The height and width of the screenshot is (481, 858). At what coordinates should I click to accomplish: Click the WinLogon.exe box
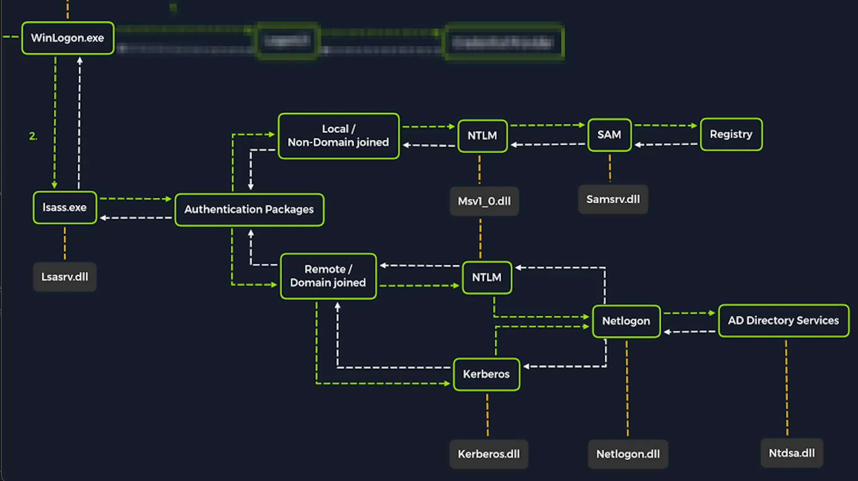point(67,38)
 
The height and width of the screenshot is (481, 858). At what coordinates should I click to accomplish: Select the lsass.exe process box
point(65,208)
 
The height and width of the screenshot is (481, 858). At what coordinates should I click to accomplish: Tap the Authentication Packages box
point(249,209)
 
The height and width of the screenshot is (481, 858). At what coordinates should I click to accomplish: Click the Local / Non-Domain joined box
point(339,136)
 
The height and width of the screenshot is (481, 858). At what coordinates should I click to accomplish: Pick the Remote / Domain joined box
point(328,276)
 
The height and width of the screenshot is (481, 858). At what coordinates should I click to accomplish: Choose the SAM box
point(609,135)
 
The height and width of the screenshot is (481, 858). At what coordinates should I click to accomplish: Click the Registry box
point(731,134)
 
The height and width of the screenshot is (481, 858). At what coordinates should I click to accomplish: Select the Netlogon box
point(626,321)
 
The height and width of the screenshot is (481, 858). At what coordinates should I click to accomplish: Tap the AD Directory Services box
point(783,321)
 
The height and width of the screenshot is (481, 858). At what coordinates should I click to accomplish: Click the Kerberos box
point(486,374)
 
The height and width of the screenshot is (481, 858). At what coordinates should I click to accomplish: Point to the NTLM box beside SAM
point(482,136)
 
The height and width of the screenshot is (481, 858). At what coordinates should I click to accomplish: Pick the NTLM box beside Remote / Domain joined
point(487,277)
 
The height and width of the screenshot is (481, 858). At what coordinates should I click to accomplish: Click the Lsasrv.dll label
point(65,277)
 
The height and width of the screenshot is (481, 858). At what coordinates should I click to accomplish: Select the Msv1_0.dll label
point(484,202)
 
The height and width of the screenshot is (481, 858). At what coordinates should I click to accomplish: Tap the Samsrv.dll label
point(613,199)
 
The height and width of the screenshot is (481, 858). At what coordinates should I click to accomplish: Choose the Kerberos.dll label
point(488,454)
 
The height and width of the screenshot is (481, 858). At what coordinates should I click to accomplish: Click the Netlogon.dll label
point(628,454)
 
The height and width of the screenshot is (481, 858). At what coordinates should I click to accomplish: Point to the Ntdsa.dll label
point(792,453)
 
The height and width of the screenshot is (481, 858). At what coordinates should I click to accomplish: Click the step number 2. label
point(33,136)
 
